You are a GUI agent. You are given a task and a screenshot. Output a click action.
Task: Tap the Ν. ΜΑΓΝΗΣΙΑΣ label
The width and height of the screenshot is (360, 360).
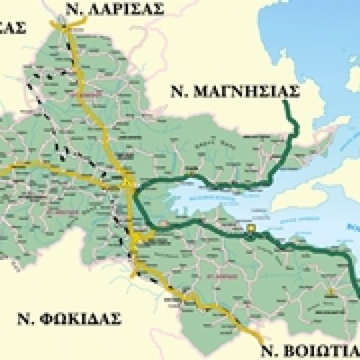tap(235, 92)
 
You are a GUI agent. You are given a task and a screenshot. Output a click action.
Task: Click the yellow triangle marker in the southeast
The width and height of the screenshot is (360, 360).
tap(331, 290)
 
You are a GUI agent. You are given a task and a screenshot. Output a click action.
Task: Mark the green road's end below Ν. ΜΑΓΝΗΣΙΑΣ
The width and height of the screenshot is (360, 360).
tap(286, 102)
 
